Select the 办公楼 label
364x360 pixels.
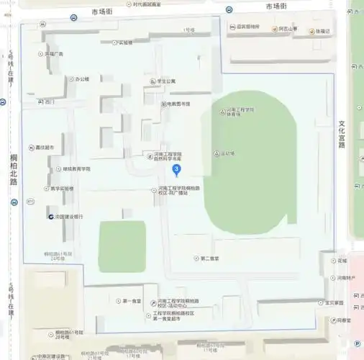[77, 78]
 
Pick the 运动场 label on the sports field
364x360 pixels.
[226, 153]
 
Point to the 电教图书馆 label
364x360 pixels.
[177, 104]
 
